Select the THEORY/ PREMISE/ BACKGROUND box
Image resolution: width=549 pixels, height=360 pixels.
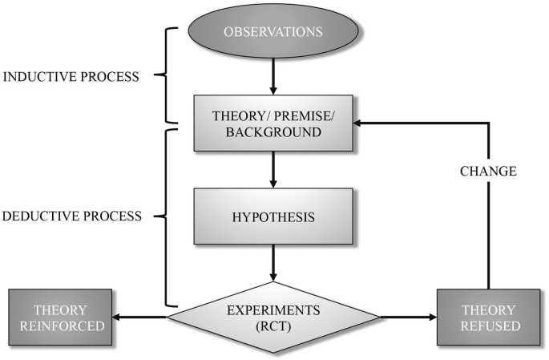(274, 123)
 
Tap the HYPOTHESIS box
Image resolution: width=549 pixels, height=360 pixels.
(274, 216)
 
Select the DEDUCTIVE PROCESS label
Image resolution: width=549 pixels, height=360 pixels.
(73, 216)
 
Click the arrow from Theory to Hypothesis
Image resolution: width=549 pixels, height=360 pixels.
(274, 168)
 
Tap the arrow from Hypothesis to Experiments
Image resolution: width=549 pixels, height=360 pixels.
(274, 261)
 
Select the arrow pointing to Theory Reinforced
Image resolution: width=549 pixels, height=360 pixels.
(136, 316)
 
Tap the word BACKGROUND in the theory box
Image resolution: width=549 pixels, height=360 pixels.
(274, 131)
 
